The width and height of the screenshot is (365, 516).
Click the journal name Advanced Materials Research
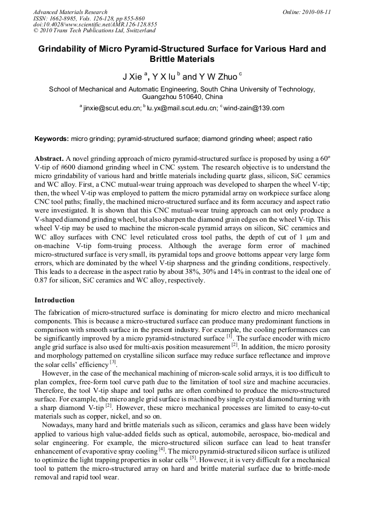click(70, 12)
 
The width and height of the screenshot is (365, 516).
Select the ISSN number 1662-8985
click(64, 18)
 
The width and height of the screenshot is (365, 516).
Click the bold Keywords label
click(52, 139)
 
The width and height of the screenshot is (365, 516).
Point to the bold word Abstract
click(49, 159)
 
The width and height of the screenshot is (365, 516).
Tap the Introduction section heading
click(54, 300)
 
